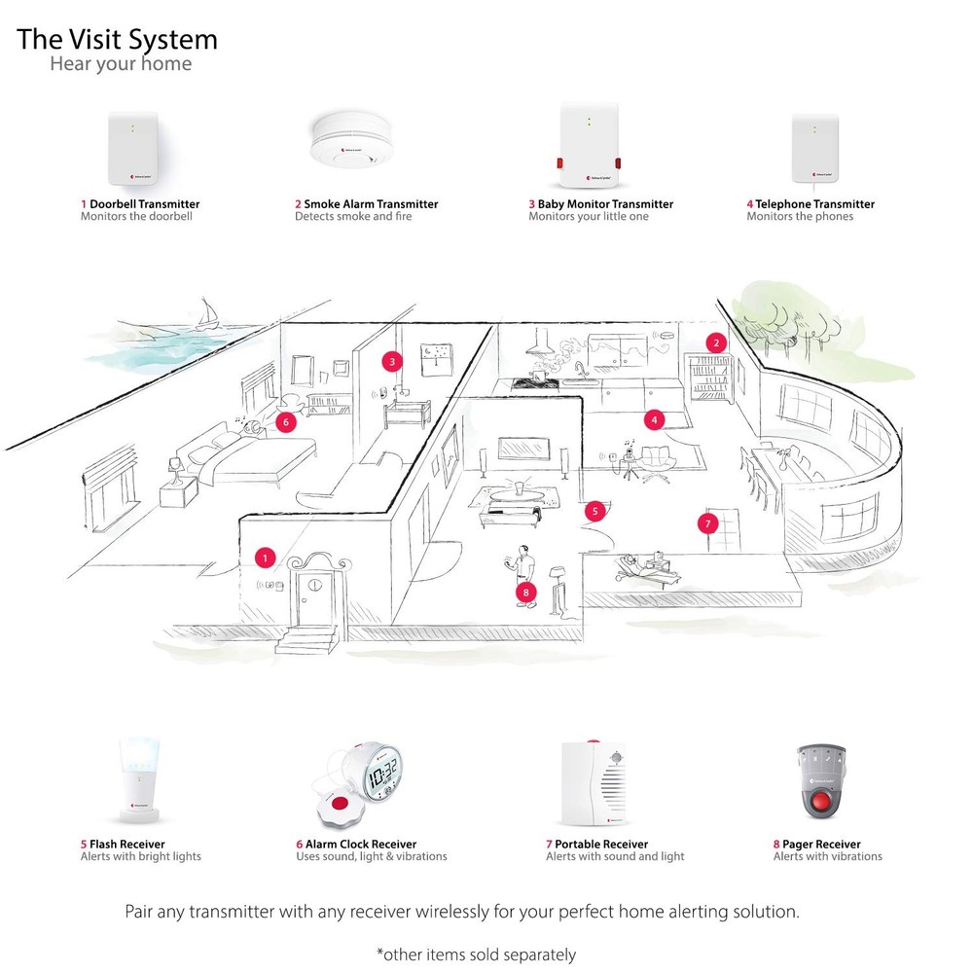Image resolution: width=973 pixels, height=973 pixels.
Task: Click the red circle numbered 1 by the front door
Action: click(264, 558)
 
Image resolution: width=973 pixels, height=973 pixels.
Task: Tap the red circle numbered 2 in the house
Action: click(717, 342)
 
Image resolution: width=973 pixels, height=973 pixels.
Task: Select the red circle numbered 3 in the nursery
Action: click(392, 361)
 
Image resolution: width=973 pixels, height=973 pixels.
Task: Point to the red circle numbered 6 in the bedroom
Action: click(285, 422)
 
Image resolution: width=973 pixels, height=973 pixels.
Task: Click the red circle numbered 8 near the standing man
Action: click(526, 591)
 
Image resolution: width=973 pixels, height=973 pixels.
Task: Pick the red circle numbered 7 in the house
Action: click(707, 523)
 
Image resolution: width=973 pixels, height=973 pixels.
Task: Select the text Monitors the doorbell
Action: click(136, 217)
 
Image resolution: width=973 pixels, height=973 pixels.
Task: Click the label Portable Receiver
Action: click(601, 844)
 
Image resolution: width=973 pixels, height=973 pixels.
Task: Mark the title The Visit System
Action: click(118, 40)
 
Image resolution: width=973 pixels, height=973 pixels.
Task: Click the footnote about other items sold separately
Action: click(476, 955)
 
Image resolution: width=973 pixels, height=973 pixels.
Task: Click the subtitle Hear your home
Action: click(121, 65)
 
